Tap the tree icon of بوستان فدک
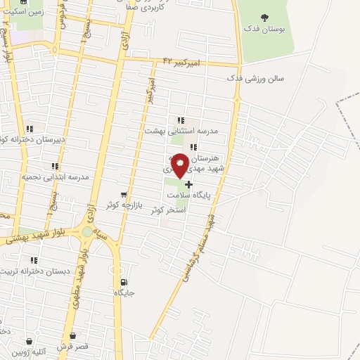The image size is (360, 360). (x=264, y=18)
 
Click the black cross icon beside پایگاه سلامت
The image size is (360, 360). (x=188, y=184)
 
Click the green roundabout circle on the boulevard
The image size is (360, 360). (x=86, y=231)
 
